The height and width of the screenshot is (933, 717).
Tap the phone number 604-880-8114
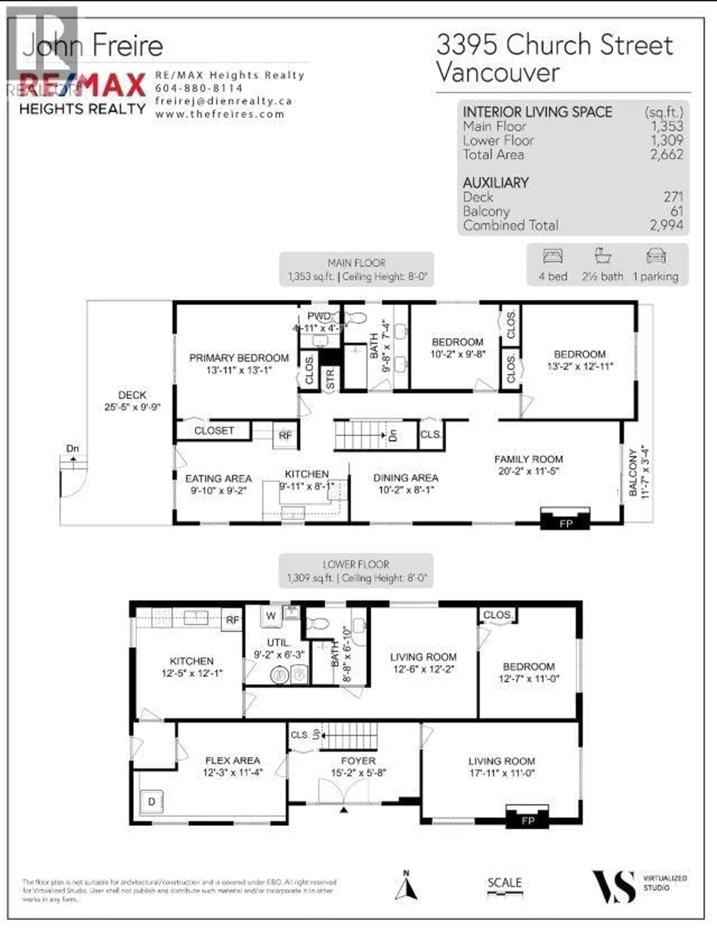pyautogui.click(x=199, y=88)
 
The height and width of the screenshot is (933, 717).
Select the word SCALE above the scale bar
pyautogui.click(x=505, y=882)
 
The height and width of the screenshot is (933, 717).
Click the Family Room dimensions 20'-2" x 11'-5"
pyautogui.click(x=528, y=471)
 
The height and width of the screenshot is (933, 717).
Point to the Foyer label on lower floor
pyautogui.click(x=358, y=761)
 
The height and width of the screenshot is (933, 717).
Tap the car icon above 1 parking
pyautogui.click(x=656, y=257)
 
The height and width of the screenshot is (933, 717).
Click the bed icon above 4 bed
pyautogui.click(x=553, y=257)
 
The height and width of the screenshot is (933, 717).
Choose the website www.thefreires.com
pyautogui.click(x=220, y=114)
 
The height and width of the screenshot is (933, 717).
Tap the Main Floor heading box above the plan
pyautogui.click(x=356, y=269)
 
